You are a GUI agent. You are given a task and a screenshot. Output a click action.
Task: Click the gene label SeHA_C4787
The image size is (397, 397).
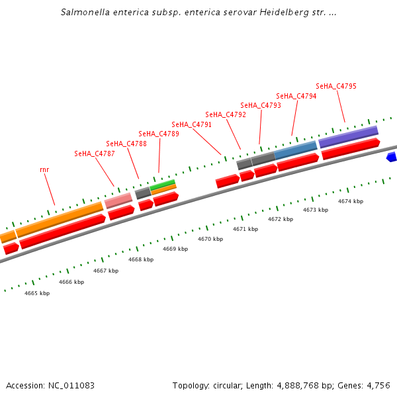(x=95, y=154)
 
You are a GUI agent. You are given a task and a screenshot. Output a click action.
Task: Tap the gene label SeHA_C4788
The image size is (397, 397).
(x=126, y=144)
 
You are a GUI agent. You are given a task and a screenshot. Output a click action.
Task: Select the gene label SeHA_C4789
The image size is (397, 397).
(x=159, y=134)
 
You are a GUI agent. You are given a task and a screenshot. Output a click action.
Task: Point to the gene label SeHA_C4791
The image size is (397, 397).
(x=192, y=124)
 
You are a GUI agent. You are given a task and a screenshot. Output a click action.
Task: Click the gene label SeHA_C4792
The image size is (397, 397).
(x=226, y=114)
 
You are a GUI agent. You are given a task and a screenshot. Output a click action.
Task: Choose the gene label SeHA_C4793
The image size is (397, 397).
(x=261, y=105)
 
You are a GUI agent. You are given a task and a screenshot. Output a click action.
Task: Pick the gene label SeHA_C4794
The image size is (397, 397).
(x=296, y=96)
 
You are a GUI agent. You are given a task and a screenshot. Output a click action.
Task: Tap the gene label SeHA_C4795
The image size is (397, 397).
(x=336, y=86)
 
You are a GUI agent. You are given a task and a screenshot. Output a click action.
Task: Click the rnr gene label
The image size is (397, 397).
(x=44, y=169)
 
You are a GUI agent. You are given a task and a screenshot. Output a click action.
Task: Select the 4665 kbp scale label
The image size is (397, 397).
(x=37, y=293)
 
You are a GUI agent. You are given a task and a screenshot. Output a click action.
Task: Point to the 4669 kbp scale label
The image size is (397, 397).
(x=175, y=249)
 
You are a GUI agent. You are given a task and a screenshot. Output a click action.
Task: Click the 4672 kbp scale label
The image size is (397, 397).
(x=281, y=219)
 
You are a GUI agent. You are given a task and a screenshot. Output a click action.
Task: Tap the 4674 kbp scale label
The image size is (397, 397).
(x=351, y=201)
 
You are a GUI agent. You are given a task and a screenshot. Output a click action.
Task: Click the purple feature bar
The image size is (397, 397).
(x=348, y=136)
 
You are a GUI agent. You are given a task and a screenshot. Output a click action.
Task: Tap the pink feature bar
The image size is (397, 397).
(x=118, y=200)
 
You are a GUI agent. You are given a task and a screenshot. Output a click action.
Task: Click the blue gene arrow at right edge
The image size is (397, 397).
(x=392, y=157)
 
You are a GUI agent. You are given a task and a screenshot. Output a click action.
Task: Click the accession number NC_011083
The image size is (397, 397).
(x=69, y=385)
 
